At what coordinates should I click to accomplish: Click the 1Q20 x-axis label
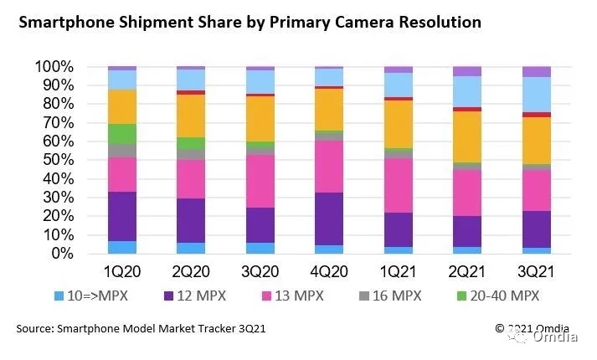[x=122, y=272]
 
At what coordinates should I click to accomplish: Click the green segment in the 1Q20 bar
[x=122, y=133]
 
